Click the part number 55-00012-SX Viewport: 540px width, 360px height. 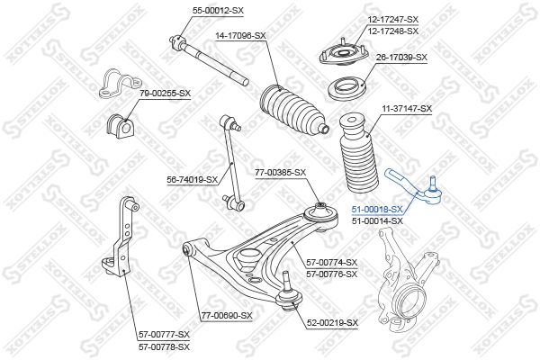pyautogui.click(x=218, y=11)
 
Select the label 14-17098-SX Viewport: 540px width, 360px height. pyautogui.click(x=240, y=35)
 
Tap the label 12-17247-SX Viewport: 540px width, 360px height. pyautogui.click(x=393, y=20)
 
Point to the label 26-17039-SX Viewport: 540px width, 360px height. pyautogui.click(x=401, y=58)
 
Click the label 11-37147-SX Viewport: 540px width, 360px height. pyautogui.click(x=407, y=109)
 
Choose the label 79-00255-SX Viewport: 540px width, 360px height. pyautogui.click(x=165, y=94)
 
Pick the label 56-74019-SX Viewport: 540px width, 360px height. pyautogui.click(x=193, y=179)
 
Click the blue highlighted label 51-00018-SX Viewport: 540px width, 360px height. pyautogui.click(x=377, y=209)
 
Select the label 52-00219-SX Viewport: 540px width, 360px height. pyautogui.click(x=332, y=323)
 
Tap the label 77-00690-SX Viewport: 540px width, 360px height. pyautogui.click(x=227, y=315)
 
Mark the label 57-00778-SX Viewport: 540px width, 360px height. pyautogui.click(x=165, y=346)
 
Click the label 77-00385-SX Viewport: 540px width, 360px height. pyautogui.click(x=280, y=173)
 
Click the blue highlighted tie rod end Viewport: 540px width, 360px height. pyautogui.click(x=414, y=190)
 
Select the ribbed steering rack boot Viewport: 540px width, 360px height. pyautogui.click(x=292, y=112)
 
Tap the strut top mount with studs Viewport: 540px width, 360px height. pyautogui.click(x=343, y=53)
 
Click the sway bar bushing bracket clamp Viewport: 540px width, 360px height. pyautogui.click(x=119, y=84)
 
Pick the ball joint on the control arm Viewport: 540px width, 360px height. pyautogui.click(x=289, y=292)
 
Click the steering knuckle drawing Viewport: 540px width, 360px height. pyautogui.click(x=408, y=279)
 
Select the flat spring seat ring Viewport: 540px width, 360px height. pyautogui.click(x=346, y=88)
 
